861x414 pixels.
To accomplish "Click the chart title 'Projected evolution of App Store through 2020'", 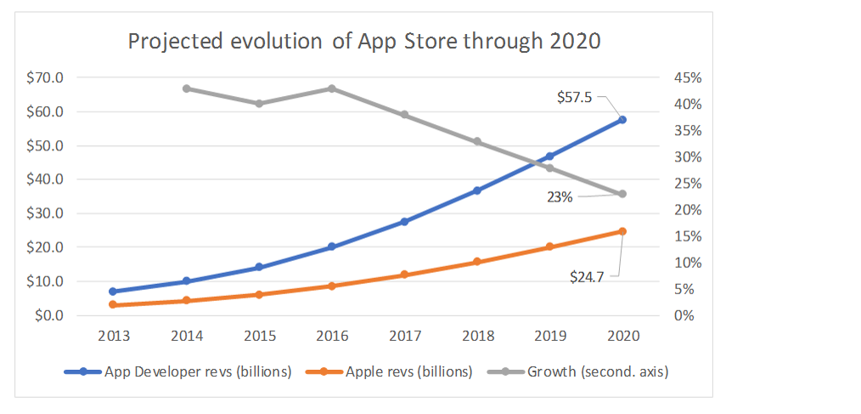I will point(364,42).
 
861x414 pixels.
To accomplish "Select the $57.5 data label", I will point(575,98).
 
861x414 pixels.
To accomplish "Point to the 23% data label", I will point(560,197).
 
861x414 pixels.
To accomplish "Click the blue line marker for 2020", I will point(622,120).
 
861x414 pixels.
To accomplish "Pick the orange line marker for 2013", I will point(113,304).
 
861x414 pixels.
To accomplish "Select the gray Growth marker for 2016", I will point(331,88).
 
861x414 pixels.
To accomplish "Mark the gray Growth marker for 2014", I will point(186,88).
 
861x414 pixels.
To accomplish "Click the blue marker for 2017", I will point(404,222).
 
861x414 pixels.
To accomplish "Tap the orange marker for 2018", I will point(477,262).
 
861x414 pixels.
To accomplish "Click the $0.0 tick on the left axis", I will point(49,315).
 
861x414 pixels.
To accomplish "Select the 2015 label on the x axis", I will point(259,336).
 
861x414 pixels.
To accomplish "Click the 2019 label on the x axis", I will point(549,336).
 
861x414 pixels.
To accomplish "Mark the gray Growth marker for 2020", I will point(622,194).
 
